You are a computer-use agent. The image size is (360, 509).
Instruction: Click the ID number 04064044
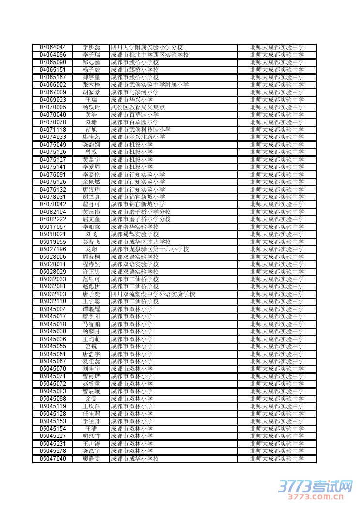click(x=53, y=47)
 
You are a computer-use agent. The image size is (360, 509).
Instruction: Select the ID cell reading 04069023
click(x=53, y=100)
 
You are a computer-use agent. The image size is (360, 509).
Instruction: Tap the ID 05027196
click(x=53, y=249)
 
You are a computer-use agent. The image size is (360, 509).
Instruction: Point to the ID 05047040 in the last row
click(x=53, y=459)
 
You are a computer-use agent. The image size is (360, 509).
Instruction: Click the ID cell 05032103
click(x=53, y=294)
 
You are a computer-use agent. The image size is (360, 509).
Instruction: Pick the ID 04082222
click(x=53, y=219)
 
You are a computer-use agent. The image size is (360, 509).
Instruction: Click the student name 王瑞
click(x=91, y=100)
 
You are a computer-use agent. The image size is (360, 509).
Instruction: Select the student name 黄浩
click(x=91, y=115)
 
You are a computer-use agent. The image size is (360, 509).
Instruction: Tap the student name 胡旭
click(x=91, y=130)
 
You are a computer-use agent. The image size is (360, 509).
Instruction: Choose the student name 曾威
click(x=91, y=152)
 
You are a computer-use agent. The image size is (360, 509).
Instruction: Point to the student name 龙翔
click(x=91, y=249)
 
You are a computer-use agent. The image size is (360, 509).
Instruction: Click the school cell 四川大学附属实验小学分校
click(x=147, y=47)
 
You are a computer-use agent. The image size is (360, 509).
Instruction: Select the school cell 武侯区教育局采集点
click(x=137, y=107)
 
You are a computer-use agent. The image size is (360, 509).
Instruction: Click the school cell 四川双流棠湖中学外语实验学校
click(x=152, y=294)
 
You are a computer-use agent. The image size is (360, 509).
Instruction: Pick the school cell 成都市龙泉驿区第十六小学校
click(x=150, y=249)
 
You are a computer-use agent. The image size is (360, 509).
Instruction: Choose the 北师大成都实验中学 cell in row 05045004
click(x=277, y=309)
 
